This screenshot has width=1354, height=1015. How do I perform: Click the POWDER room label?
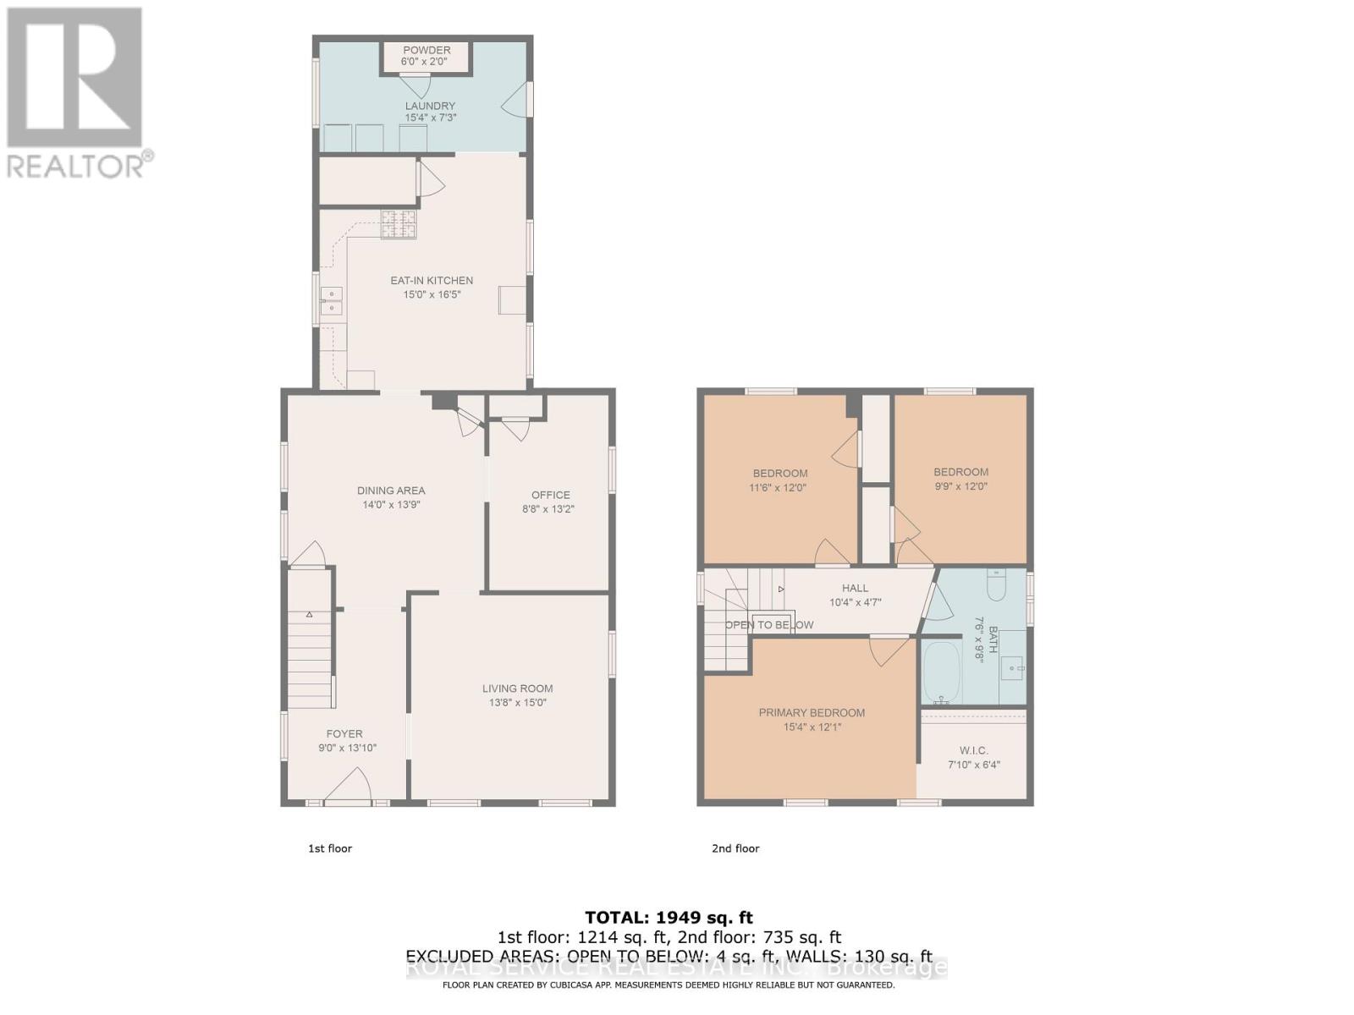[x=427, y=50]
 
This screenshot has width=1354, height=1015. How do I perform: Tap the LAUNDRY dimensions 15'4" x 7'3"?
[x=430, y=118]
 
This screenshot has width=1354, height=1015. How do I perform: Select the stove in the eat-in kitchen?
[x=398, y=224]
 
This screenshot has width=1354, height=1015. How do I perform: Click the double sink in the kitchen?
[x=331, y=300]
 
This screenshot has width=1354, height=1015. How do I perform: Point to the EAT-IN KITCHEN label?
[x=431, y=281]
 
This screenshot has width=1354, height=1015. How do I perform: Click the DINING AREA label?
[x=390, y=491]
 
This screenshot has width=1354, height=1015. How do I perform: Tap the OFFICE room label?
[x=550, y=496]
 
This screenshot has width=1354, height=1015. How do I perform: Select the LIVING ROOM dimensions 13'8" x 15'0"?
[x=517, y=703]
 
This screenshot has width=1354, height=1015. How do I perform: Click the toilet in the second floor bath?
[x=996, y=585]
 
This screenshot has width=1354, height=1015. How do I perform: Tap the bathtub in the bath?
[x=940, y=673]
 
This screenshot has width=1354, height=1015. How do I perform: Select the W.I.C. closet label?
[x=974, y=750]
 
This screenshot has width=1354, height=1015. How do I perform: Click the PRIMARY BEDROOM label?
[x=811, y=713]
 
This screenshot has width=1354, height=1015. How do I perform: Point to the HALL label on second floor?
[x=855, y=588]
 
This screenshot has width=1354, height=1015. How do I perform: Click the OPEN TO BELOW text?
[x=768, y=625]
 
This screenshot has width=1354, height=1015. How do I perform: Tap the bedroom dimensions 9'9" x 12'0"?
[x=960, y=486]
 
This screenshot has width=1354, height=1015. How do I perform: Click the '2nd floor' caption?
[x=735, y=848]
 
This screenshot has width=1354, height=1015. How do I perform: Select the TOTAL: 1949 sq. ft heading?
[x=669, y=918]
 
